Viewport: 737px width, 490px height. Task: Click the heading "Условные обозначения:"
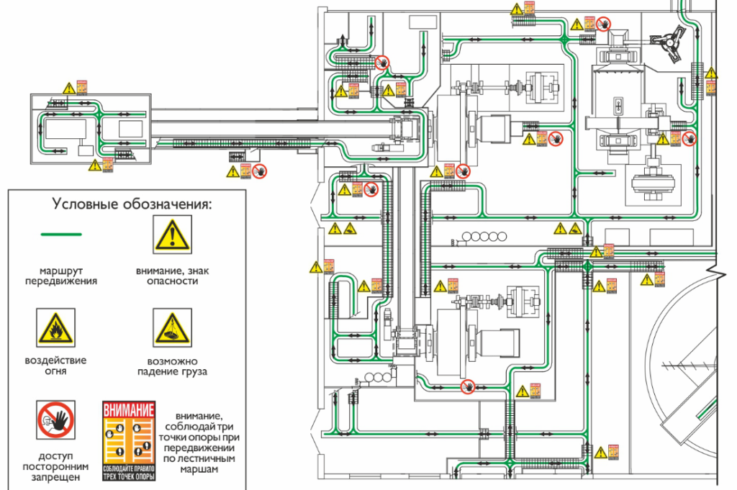tap(132, 204)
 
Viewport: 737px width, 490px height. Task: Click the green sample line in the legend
tap(60, 235)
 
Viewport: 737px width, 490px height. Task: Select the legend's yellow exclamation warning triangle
tap(172, 235)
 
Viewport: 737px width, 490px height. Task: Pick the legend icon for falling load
tap(172, 328)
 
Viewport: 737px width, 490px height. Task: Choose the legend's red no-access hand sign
tap(55, 420)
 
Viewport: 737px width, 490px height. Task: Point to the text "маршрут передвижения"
tap(60, 276)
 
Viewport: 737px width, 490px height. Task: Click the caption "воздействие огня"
tap(55, 366)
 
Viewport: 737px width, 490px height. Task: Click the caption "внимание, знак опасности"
tap(172, 276)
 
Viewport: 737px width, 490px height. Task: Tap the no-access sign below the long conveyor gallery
tap(260, 171)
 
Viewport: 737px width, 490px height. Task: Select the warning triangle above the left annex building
tap(68, 89)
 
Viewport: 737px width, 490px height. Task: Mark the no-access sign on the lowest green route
tap(468, 387)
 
